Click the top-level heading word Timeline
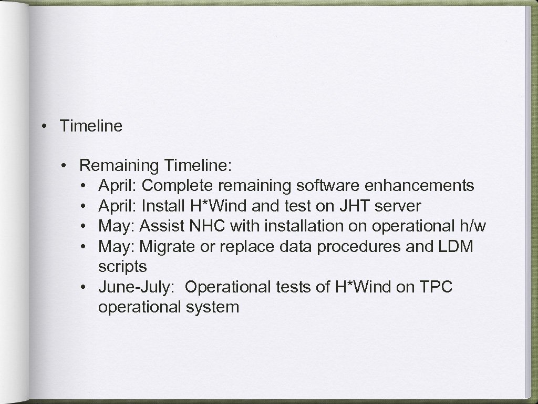[91, 126]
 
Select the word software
[328, 186]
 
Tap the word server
[398, 206]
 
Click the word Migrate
[165, 247]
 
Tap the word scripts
[122, 267]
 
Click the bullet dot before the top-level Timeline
[46, 126]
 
